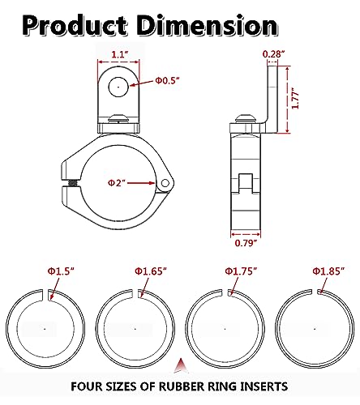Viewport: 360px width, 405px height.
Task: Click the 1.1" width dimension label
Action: tap(119, 54)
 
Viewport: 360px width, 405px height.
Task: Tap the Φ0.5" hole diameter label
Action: tap(167, 80)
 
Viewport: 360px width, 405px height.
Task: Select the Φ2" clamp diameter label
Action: tap(117, 183)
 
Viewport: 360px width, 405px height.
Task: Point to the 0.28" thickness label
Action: tap(273, 54)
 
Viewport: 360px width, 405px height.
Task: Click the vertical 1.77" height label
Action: tap(296, 100)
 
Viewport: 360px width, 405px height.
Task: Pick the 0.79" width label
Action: tap(246, 243)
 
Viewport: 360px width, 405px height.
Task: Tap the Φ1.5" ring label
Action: tap(61, 271)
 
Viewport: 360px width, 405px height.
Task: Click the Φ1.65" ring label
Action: tap(151, 271)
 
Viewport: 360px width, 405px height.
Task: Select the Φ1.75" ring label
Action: tap(241, 271)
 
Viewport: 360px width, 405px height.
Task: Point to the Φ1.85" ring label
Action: tap(329, 271)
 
